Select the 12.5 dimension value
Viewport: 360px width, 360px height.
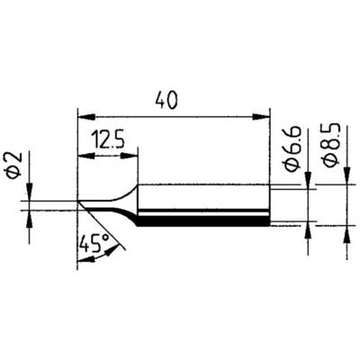pos(107,141)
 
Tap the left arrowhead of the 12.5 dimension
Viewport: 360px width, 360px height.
pos(84,155)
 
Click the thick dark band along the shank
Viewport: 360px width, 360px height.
pos(202,218)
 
